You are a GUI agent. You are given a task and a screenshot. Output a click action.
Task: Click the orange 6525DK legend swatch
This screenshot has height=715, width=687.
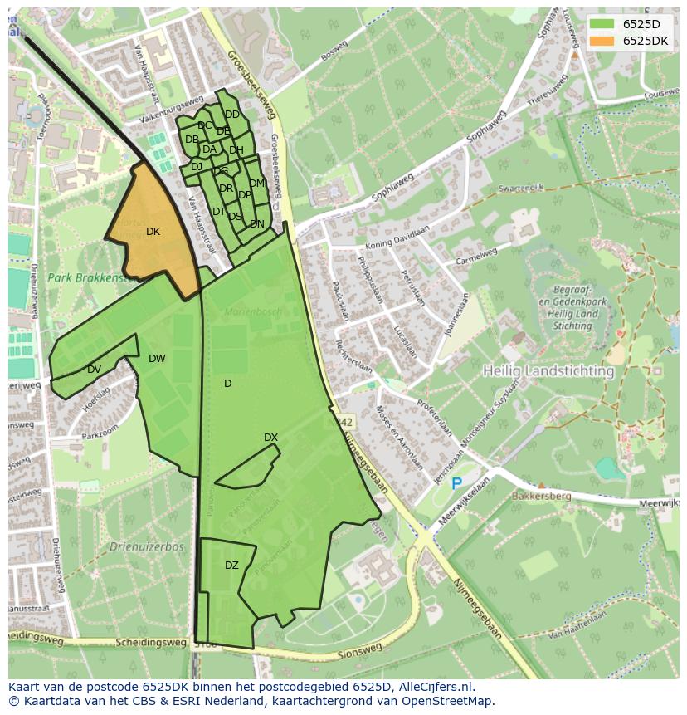[x=602, y=41]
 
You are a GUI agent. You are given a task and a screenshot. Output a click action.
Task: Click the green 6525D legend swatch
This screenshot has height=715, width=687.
[x=602, y=23]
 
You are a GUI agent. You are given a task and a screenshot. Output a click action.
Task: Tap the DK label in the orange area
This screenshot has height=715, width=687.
[x=153, y=232]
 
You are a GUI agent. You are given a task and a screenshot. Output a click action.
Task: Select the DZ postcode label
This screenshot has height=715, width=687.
[x=231, y=566]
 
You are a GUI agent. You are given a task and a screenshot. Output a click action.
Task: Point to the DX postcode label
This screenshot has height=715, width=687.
[x=270, y=438]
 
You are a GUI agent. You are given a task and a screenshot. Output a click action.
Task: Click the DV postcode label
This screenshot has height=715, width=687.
[x=94, y=370]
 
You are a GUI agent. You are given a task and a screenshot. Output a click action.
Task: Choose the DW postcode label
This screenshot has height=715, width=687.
[x=157, y=359]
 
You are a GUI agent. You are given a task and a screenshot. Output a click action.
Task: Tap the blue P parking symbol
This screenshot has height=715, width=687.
[x=456, y=482]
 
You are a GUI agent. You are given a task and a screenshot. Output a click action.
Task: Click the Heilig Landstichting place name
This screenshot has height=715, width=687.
[x=548, y=370]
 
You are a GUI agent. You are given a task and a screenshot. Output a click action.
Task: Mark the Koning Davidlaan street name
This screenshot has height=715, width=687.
[x=392, y=239]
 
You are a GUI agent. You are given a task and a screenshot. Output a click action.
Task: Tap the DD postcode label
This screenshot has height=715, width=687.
[x=232, y=115]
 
